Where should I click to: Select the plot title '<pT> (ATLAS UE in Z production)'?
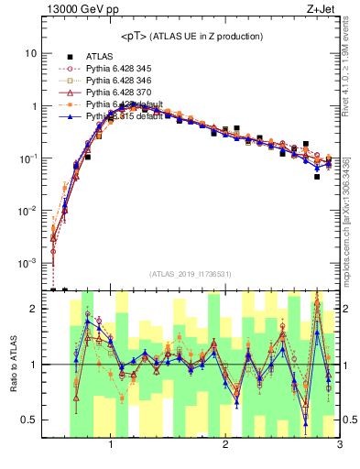(191, 36)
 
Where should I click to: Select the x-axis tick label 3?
(340, 446)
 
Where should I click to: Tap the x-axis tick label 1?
(111, 446)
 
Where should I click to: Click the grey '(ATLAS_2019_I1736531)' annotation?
(191, 274)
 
